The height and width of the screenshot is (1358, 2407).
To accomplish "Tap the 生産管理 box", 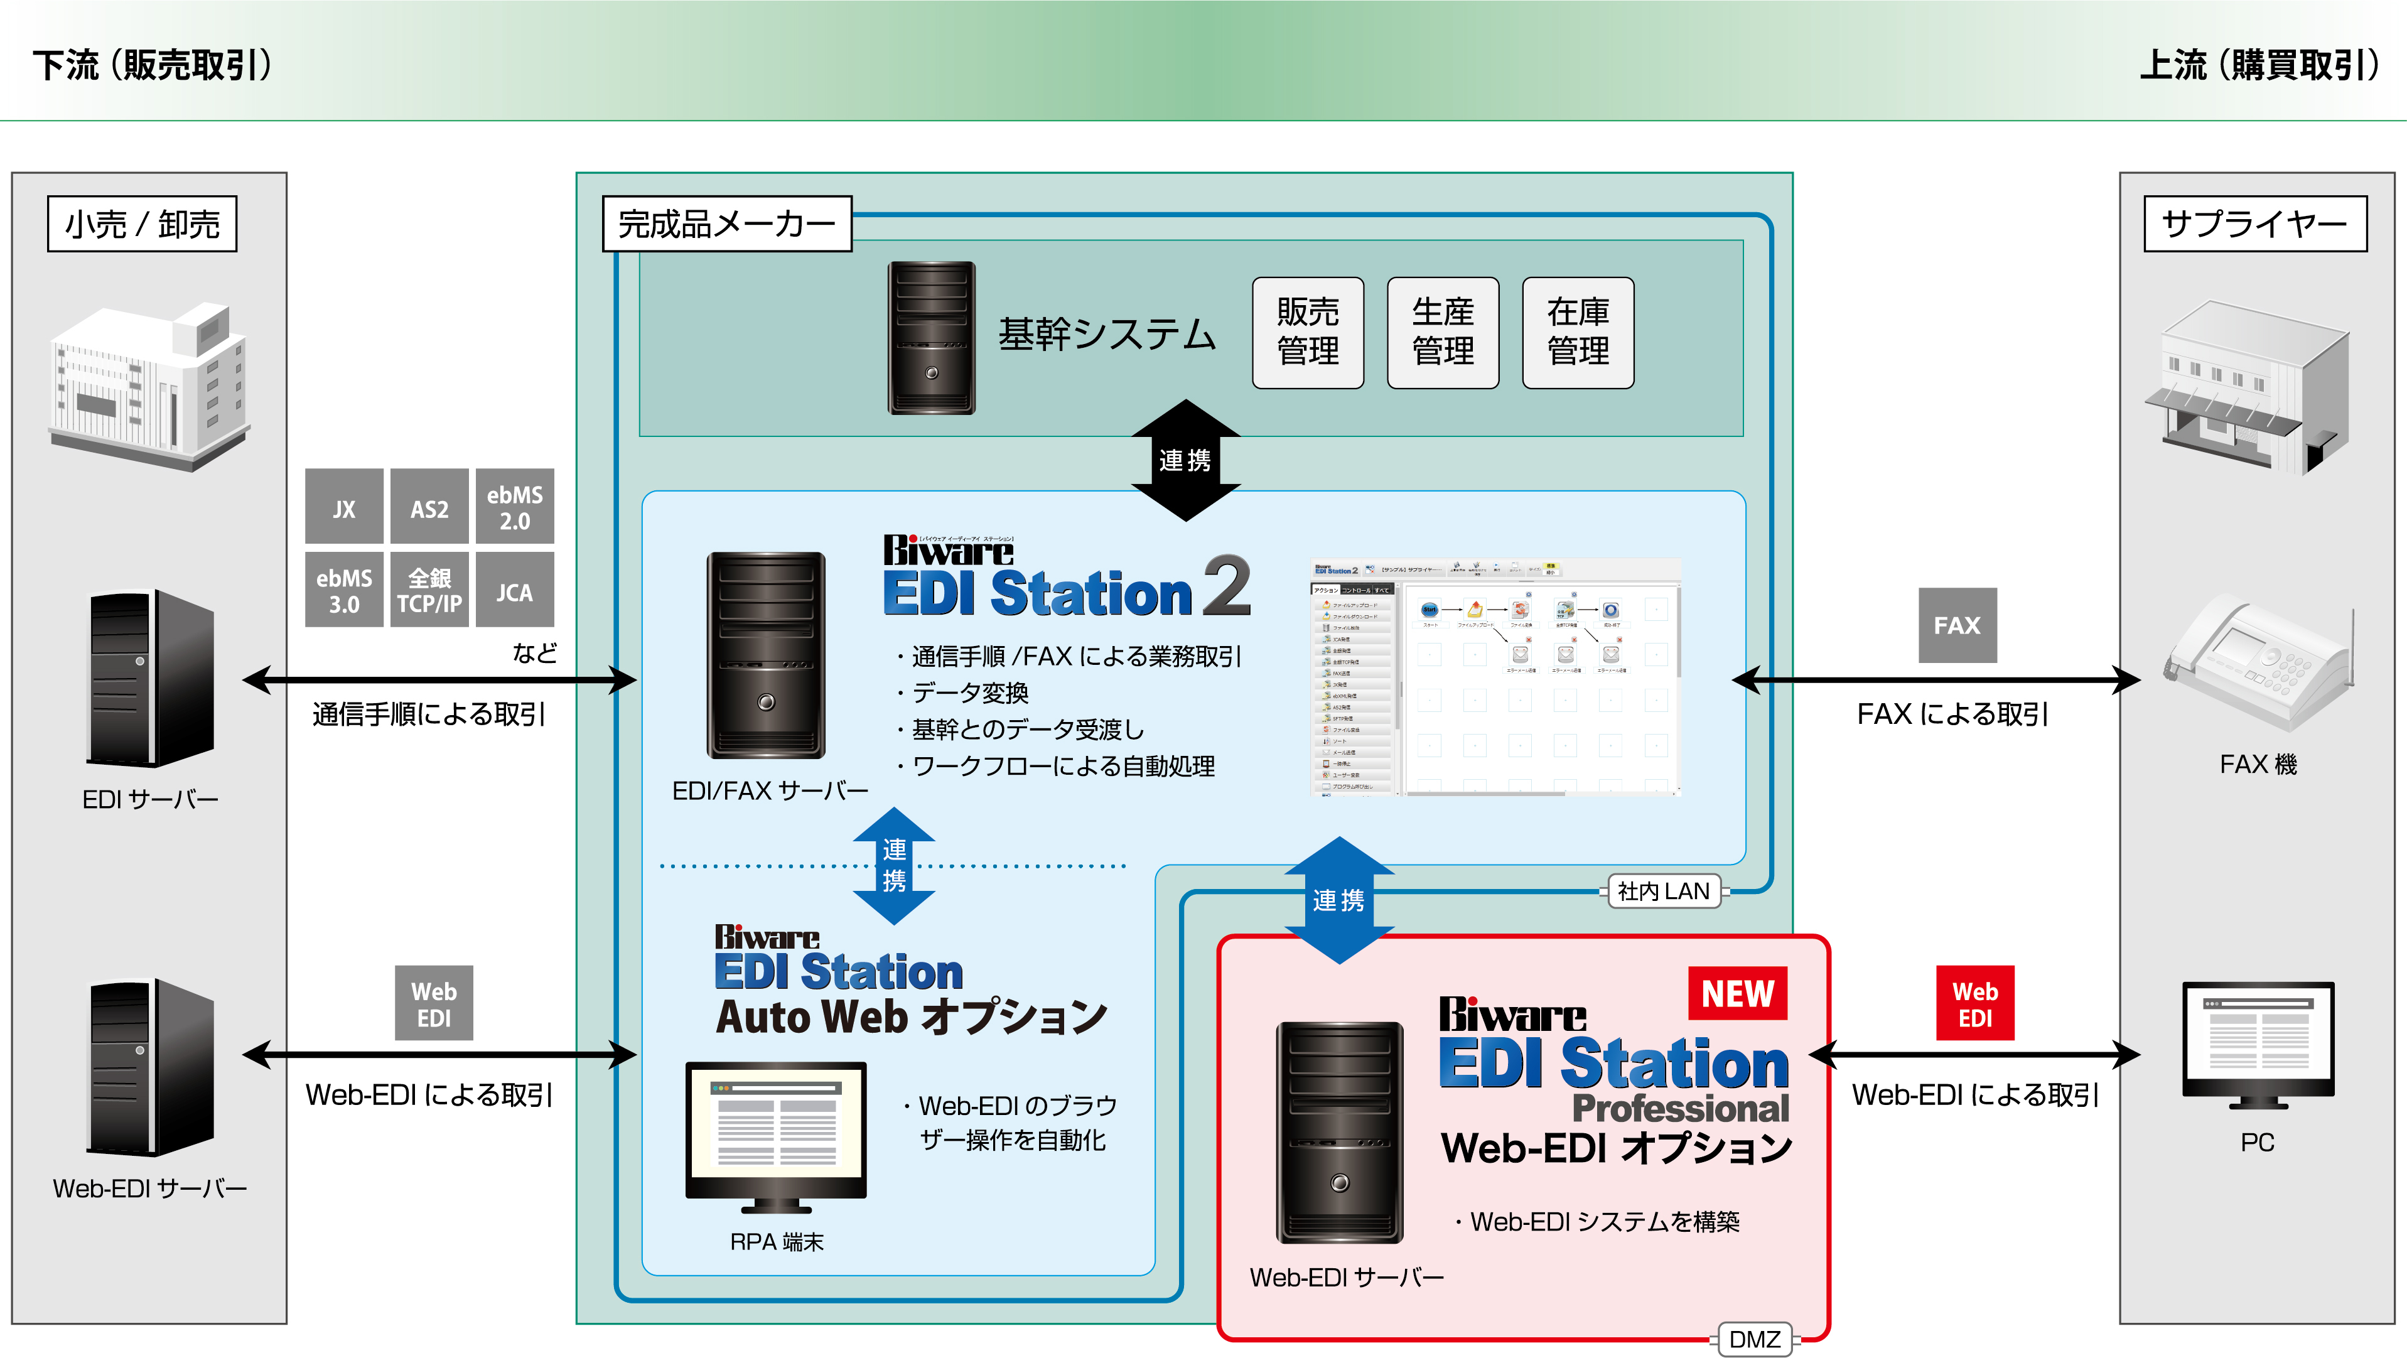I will tap(1443, 331).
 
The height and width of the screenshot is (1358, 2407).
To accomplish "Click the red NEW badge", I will tap(1737, 993).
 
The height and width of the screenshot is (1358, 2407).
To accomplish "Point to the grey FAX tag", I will tap(1957, 625).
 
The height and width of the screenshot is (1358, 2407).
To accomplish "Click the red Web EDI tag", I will tap(1974, 1003).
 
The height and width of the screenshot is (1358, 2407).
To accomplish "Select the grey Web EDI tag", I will tap(434, 1003).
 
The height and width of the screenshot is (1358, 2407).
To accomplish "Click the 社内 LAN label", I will tap(1663, 891).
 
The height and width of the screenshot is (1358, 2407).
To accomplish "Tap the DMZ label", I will tap(1754, 1339).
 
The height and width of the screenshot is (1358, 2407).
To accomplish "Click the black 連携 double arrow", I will tap(1185, 460).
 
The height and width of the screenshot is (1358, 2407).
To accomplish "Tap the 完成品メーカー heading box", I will tap(727, 224).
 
